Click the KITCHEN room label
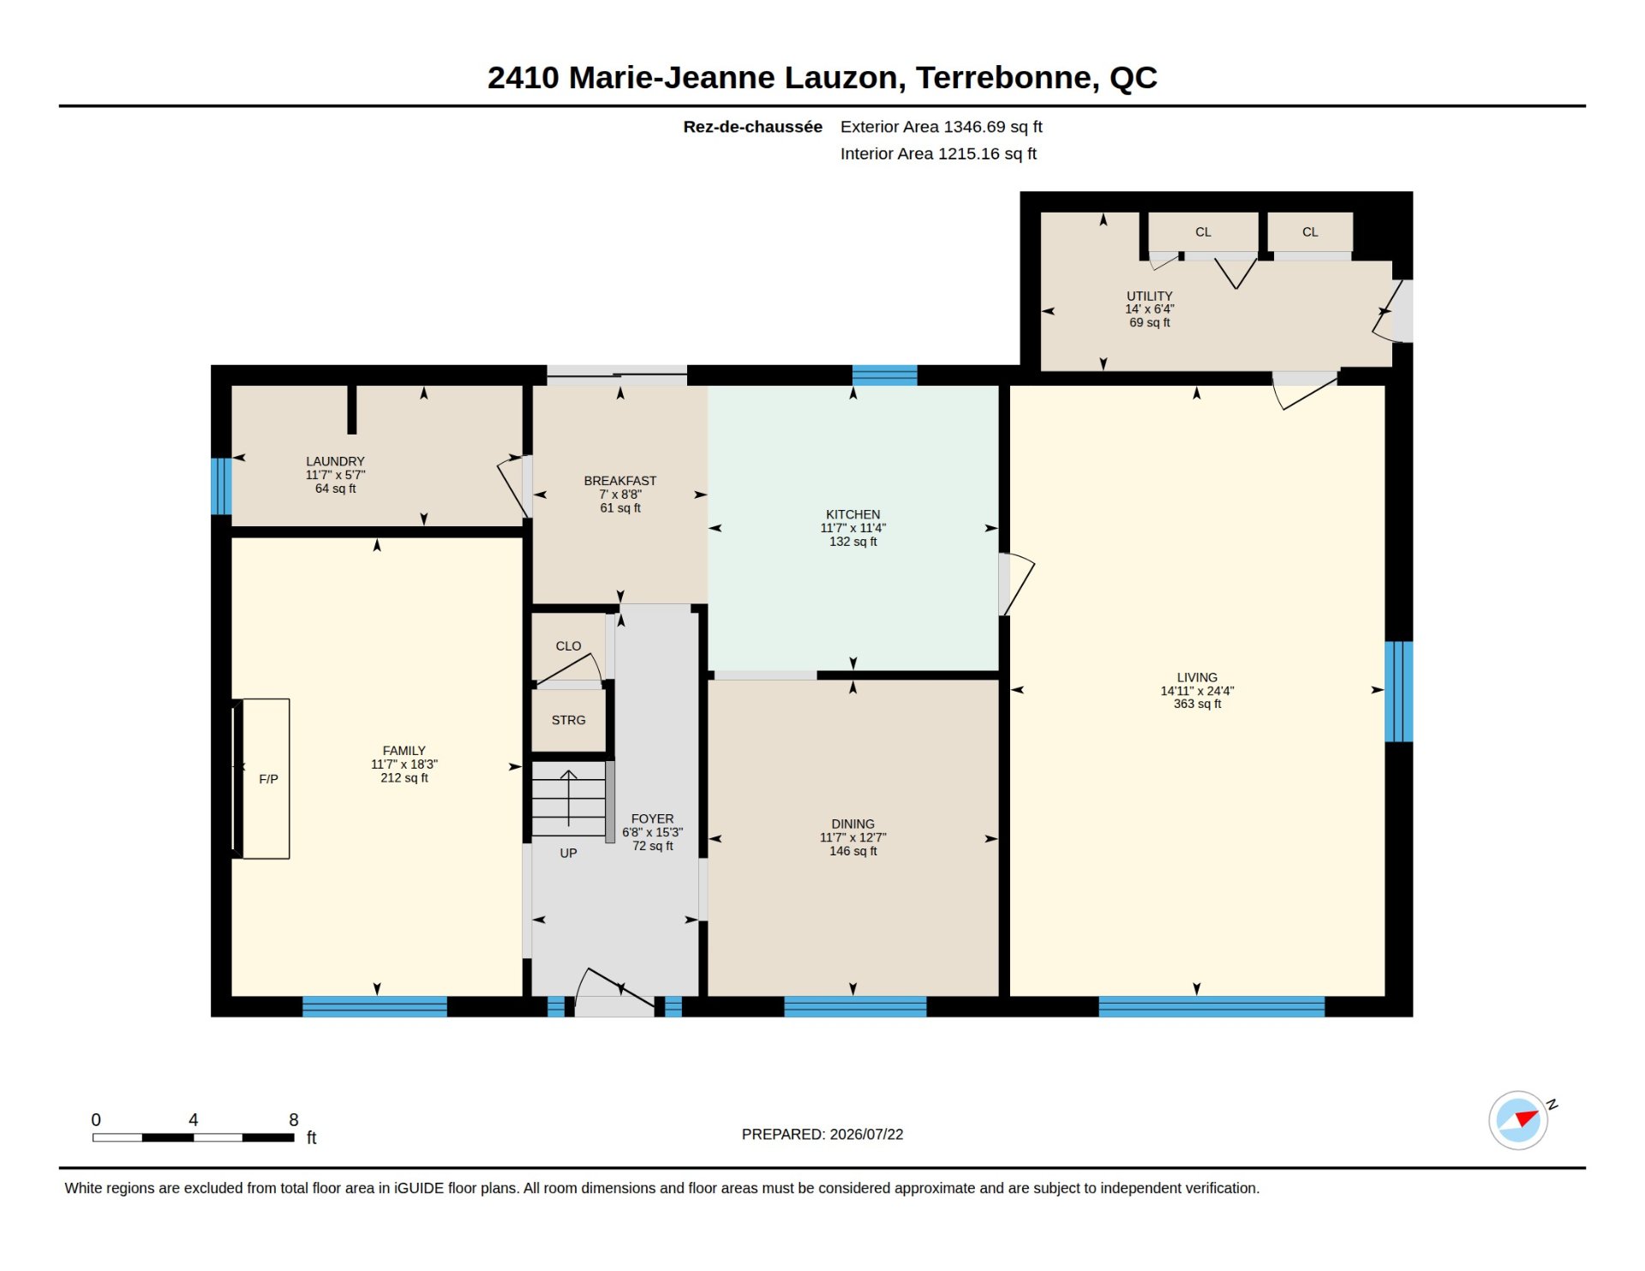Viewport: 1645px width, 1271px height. pos(852,514)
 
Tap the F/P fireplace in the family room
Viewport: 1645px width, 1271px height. pos(266,778)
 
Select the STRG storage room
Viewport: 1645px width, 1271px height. pos(568,720)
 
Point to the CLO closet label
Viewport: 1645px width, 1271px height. pos(568,646)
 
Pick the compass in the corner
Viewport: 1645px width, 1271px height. pos(1519,1119)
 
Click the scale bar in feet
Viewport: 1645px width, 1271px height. pos(194,1137)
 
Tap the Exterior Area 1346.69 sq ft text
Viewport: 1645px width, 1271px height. pos(941,127)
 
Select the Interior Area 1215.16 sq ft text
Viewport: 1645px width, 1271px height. pos(938,153)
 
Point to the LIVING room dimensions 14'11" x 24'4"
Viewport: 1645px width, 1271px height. pos(1197,691)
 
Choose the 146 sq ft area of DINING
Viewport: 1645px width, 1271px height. pos(852,851)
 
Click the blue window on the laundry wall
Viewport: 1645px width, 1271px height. pos(221,486)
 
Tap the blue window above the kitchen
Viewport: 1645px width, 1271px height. pos(884,375)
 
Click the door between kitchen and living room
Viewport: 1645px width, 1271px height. pos(1016,584)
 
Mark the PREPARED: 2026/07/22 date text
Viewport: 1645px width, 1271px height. pos(822,1134)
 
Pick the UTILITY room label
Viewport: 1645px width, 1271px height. pos(1149,296)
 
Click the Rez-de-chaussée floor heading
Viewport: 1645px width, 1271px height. pos(752,127)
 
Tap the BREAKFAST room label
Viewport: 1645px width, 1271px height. pos(619,481)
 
